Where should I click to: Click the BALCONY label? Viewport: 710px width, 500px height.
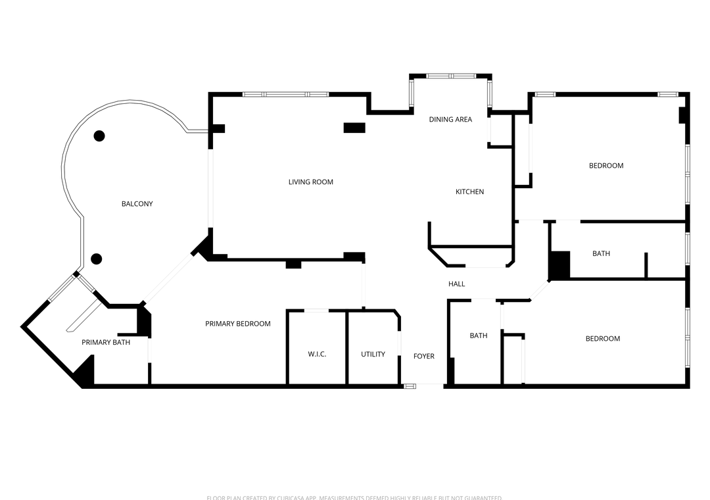tap(137, 204)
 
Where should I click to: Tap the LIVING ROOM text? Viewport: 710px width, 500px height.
tap(310, 182)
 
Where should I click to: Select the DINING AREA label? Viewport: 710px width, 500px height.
tap(450, 120)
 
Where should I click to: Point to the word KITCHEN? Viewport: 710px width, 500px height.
tap(469, 192)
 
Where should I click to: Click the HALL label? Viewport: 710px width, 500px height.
tap(456, 284)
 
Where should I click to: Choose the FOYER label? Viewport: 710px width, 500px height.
tap(423, 357)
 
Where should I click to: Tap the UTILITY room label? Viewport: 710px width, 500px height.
tap(373, 355)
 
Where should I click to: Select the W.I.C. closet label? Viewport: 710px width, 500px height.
tap(317, 355)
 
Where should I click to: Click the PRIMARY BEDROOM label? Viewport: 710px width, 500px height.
tap(237, 324)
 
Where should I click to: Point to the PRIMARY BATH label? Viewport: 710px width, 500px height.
tap(106, 343)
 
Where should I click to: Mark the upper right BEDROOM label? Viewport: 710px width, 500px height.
tap(605, 166)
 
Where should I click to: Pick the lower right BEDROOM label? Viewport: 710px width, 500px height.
tap(602, 339)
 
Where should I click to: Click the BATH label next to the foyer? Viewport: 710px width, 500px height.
tap(478, 336)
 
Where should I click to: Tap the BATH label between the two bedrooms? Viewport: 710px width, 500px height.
tap(601, 254)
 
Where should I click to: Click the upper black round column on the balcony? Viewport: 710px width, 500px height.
tap(99, 136)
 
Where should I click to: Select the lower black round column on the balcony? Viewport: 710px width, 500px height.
tap(97, 259)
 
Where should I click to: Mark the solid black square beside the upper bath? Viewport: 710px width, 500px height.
tap(559, 265)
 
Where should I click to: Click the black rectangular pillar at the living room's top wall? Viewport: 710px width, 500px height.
tap(354, 128)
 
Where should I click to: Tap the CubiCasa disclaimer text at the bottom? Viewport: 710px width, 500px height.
tap(354, 497)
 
